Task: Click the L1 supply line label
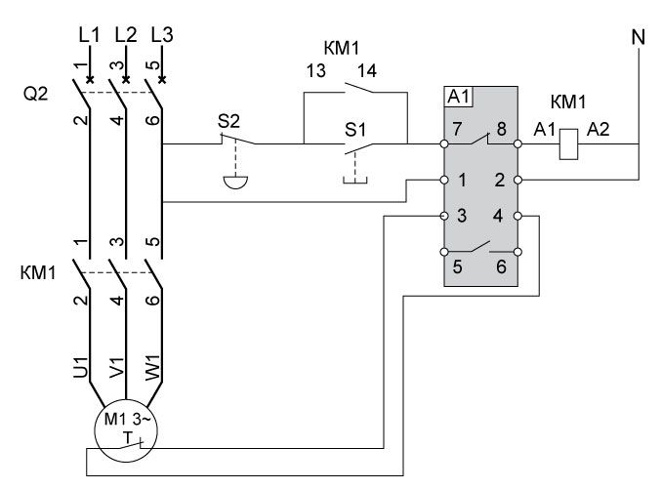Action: (90, 34)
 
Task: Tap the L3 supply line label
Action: (163, 34)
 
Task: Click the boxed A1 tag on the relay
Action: (458, 96)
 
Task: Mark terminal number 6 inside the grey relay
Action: (502, 266)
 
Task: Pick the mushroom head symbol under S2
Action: (231, 181)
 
